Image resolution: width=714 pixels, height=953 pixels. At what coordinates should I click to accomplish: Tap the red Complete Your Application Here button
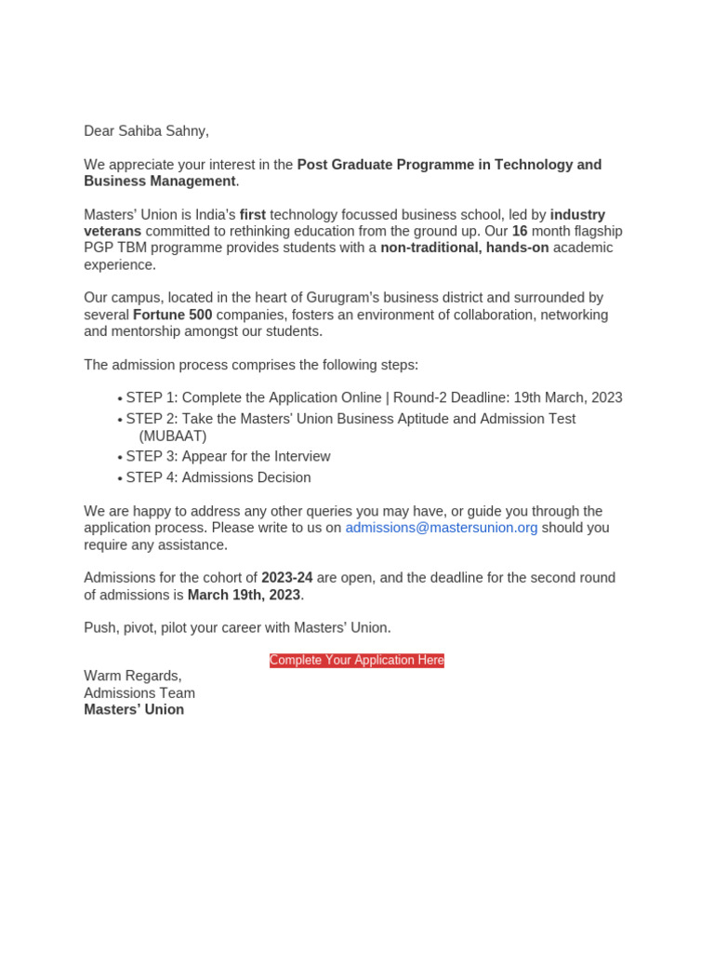(x=357, y=661)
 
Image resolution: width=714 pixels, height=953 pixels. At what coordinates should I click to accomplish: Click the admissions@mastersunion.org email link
(x=442, y=528)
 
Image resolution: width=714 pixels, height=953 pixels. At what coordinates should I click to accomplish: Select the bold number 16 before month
(x=520, y=231)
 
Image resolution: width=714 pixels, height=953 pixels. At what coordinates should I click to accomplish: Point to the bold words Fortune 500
(x=173, y=315)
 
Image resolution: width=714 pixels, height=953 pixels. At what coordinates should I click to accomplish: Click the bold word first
(x=253, y=215)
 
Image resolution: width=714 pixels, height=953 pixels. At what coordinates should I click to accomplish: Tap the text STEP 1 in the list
(x=152, y=397)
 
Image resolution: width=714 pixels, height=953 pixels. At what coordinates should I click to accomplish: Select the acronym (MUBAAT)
(x=173, y=436)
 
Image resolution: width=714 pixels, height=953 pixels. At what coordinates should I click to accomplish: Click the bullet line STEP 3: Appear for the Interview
(x=228, y=456)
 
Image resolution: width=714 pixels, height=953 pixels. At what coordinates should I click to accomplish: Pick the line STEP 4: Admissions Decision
(x=218, y=477)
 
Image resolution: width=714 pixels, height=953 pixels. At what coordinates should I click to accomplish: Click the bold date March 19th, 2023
(x=245, y=595)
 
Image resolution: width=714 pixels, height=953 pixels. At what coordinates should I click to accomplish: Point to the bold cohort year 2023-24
(x=287, y=578)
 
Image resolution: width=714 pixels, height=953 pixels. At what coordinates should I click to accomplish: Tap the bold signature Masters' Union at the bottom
(x=134, y=710)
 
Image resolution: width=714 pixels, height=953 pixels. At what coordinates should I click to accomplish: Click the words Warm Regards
(x=133, y=676)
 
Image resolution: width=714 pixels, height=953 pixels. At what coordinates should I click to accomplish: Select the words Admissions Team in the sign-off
(x=139, y=693)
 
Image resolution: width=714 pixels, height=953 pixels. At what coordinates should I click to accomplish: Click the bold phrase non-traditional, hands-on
(x=465, y=248)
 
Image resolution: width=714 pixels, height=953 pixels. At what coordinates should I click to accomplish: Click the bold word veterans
(x=112, y=231)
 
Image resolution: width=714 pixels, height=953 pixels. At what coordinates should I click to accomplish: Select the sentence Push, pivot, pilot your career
(x=186, y=628)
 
